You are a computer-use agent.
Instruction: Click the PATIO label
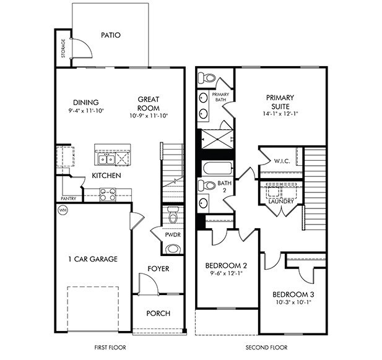point(110,35)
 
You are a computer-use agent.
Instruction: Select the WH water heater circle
point(63,210)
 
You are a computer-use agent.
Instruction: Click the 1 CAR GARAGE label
point(93,259)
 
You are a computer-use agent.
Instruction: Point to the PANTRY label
point(68,199)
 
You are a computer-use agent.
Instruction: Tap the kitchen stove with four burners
point(107,195)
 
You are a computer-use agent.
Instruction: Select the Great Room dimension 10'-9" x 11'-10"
point(149,116)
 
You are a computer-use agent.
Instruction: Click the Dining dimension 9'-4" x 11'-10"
point(86,111)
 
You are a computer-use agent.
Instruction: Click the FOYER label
point(158,268)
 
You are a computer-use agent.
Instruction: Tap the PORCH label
point(158,313)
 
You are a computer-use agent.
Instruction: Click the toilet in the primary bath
point(207,79)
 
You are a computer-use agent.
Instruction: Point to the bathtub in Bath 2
point(216,168)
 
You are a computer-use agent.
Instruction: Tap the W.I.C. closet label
point(282,161)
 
